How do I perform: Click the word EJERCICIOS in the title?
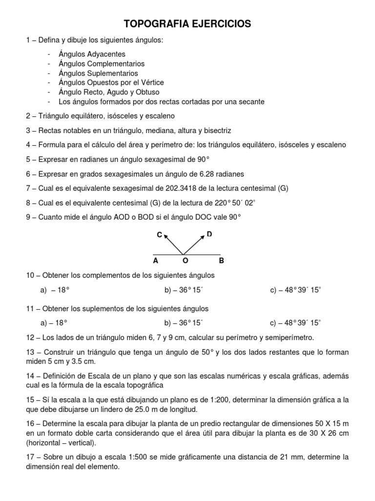(x=223, y=23)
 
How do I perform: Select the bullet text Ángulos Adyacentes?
(x=92, y=54)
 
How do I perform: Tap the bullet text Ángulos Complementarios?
(x=102, y=64)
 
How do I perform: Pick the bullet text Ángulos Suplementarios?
(x=98, y=73)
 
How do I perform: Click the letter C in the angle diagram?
(x=159, y=235)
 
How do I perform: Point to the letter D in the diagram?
(x=209, y=234)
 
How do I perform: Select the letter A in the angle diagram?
(x=155, y=261)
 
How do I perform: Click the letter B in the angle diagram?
(x=221, y=261)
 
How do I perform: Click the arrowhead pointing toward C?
(x=165, y=236)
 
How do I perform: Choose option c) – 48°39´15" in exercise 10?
(x=296, y=290)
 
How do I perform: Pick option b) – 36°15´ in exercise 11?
(x=184, y=323)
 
